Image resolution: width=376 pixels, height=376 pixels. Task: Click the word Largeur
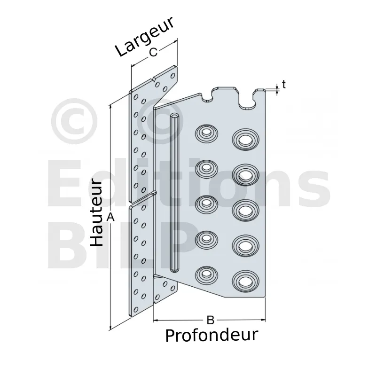(x=144, y=37)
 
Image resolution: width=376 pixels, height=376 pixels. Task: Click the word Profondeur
(x=212, y=335)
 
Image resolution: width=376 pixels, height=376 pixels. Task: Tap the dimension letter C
(x=154, y=52)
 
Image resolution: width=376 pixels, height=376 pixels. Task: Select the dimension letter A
(x=110, y=217)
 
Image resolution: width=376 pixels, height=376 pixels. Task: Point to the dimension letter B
(x=210, y=320)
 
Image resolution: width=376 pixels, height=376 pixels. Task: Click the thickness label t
(x=284, y=85)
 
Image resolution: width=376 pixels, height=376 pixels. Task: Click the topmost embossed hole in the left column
(x=206, y=133)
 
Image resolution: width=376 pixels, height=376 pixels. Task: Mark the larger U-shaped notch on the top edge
(x=247, y=100)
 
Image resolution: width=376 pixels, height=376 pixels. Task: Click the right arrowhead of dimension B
(x=263, y=320)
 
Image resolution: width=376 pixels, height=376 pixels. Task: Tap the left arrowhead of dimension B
(x=156, y=320)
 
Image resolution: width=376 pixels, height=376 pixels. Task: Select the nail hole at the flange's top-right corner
(x=172, y=76)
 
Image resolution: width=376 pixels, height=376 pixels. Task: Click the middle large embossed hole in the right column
(x=246, y=210)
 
